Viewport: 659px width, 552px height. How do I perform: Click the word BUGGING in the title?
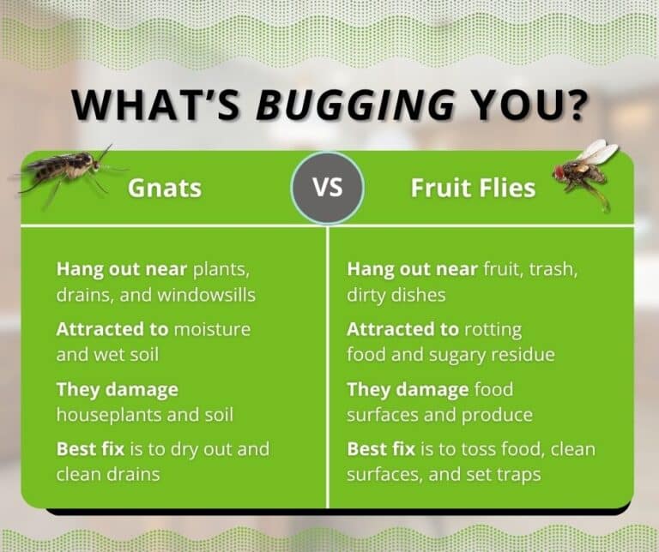point(356,105)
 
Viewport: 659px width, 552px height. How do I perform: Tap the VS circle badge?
point(327,188)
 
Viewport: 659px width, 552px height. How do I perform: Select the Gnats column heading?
point(166,188)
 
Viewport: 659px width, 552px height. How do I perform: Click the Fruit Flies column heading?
point(473,188)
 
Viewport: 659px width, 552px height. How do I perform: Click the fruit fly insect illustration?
point(586,171)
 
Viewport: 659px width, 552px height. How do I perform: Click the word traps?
point(515,473)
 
